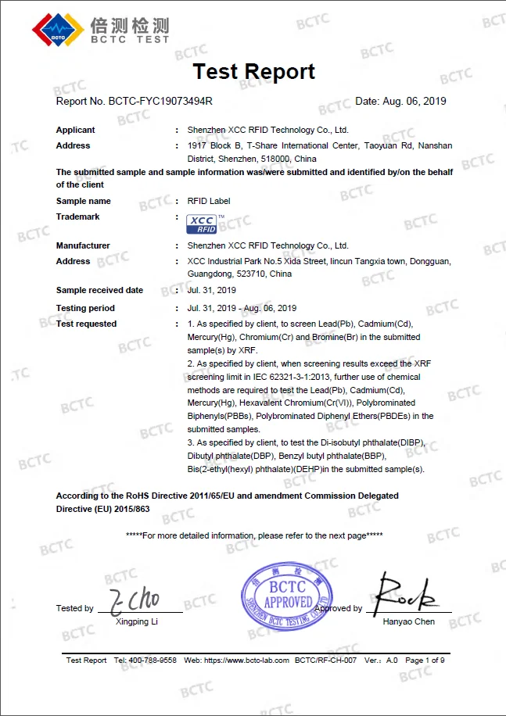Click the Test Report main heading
tap(253, 72)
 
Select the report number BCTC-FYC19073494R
tap(160, 101)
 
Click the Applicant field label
tap(76, 130)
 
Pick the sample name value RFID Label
tap(210, 201)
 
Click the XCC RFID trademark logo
tap(203, 224)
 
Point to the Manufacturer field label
tap(83, 245)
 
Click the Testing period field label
tap(85, 308)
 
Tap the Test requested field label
tap(86, 324)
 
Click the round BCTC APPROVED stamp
tap(287, 598)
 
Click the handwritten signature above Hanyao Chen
tap(405, 596)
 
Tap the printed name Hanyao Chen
tap(408, 622)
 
